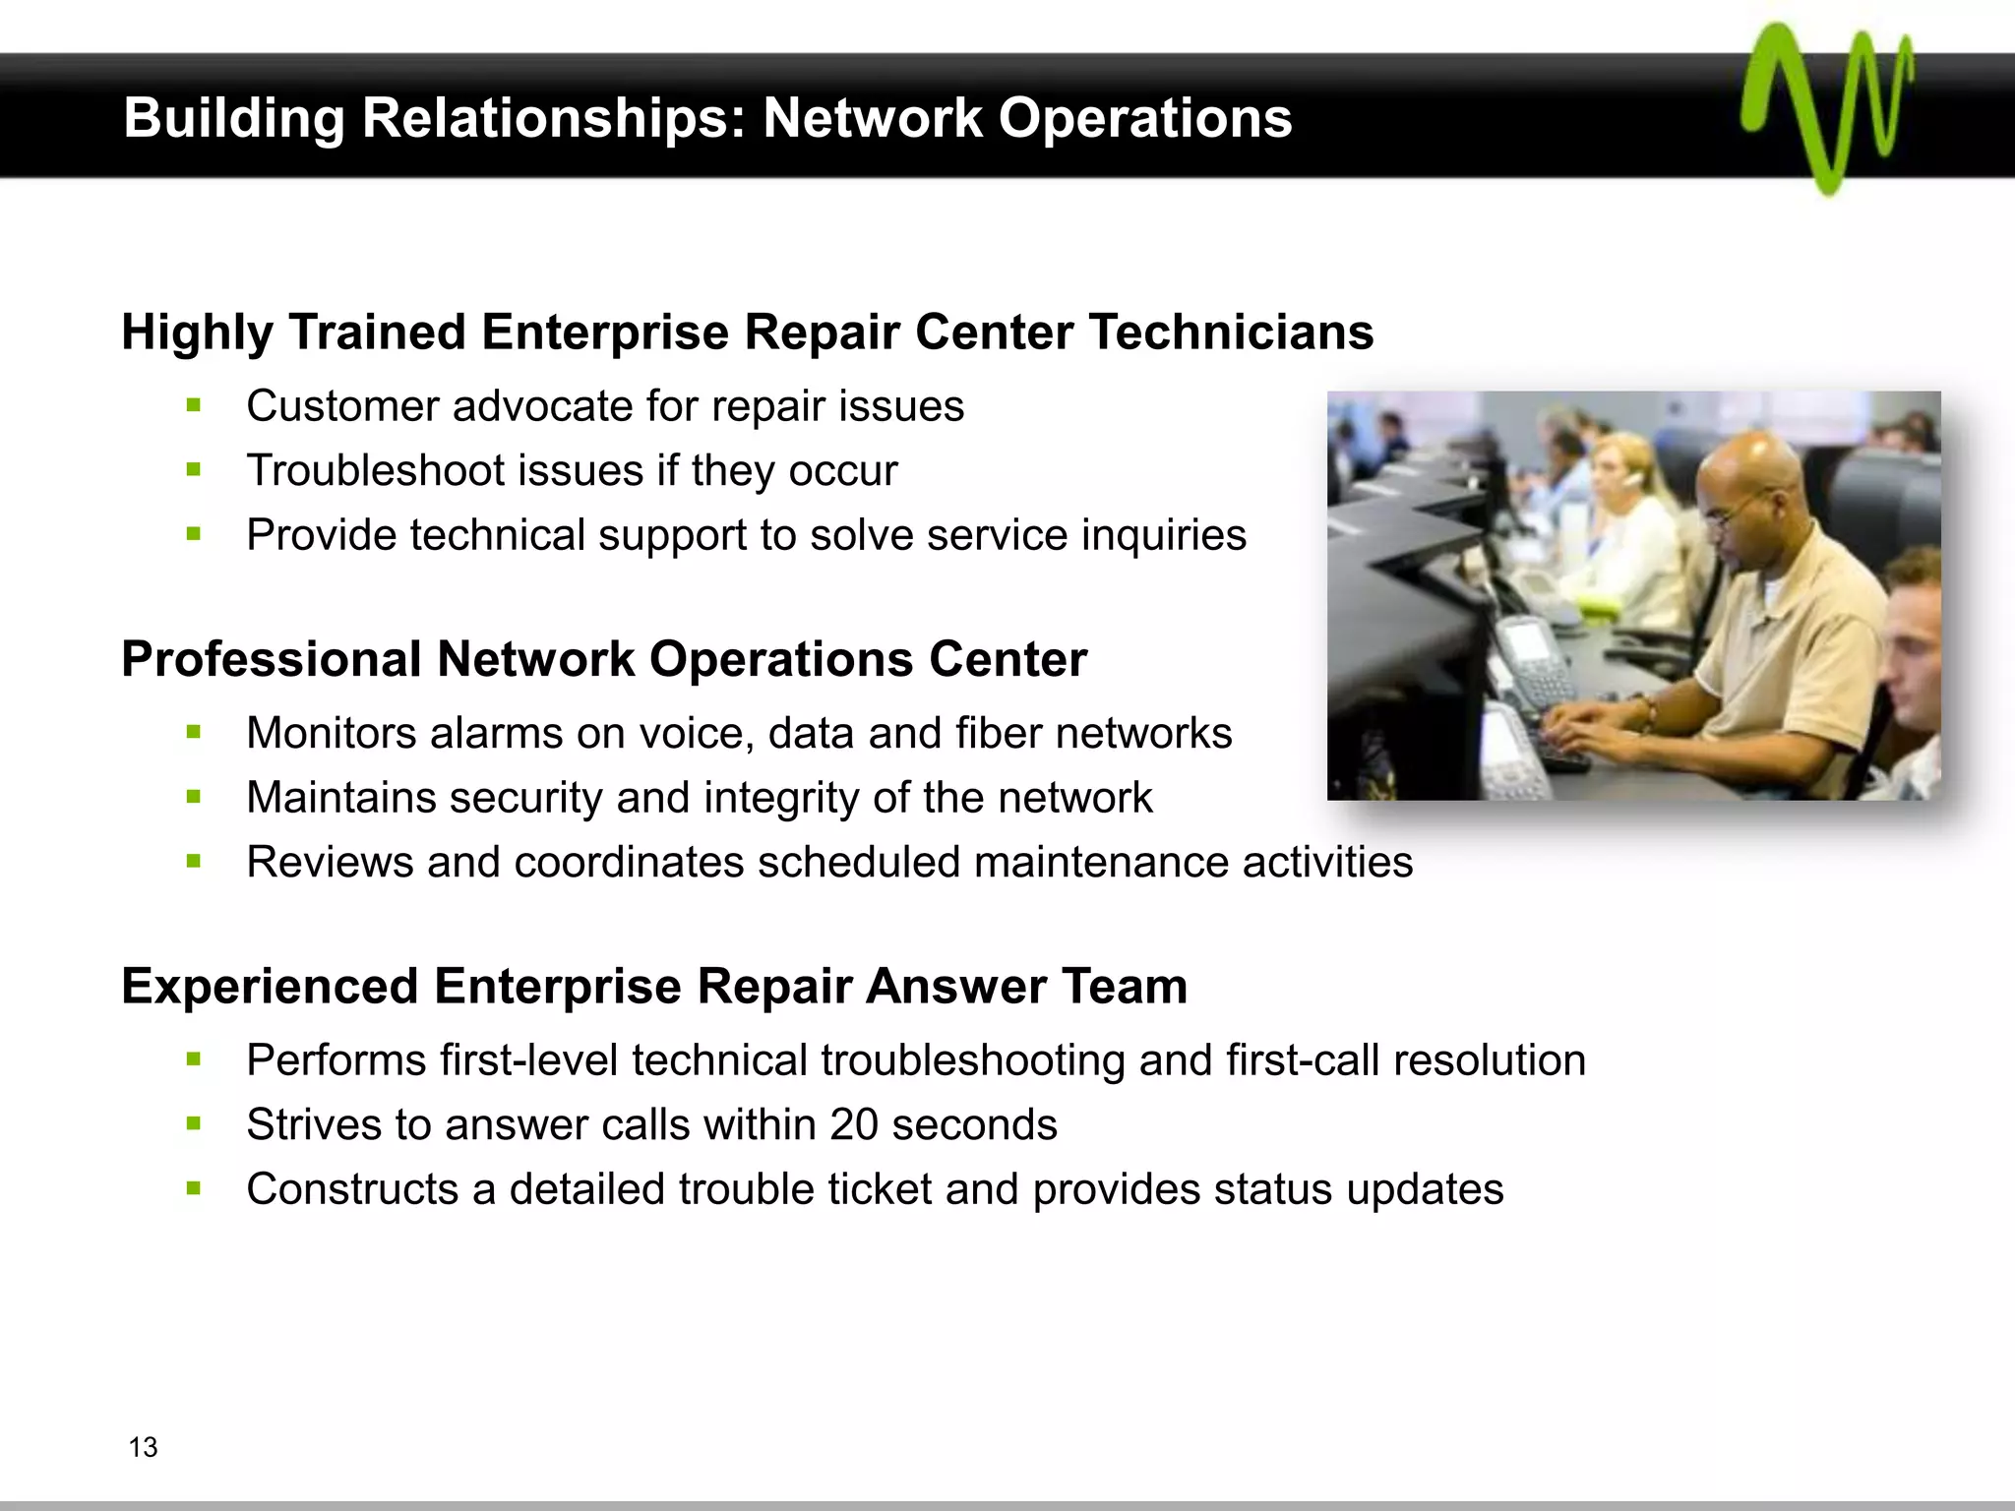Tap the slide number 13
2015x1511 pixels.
tap(143, 1447)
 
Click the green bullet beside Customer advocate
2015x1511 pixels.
tap(193, 405)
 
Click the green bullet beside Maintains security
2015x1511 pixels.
tap(193, 797)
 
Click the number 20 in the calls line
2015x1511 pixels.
tap(853, 1124)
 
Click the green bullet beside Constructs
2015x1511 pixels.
tap(193, 1188)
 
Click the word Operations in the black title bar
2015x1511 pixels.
tap(1145, 118)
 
